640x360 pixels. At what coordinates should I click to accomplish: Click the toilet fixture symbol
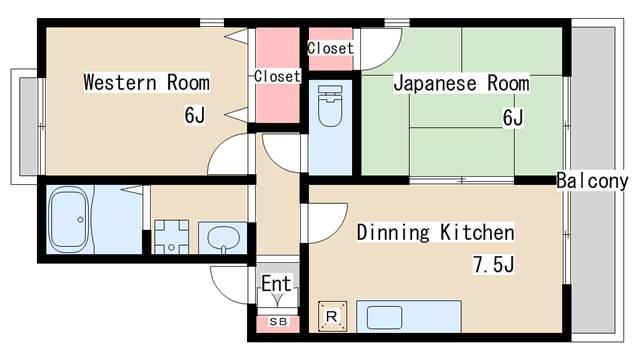330,105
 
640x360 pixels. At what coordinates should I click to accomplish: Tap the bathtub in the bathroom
68,220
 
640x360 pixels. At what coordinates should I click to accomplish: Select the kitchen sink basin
384,318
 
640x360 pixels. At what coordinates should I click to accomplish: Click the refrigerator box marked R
332,316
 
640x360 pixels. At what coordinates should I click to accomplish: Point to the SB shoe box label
278,322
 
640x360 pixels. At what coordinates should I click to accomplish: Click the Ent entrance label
276,283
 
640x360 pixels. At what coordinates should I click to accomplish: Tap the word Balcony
592,181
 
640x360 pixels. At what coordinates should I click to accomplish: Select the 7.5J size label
493,264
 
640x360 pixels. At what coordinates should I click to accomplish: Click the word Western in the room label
120,82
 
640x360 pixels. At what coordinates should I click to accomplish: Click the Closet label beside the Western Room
277,76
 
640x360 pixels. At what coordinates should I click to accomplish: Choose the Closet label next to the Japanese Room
330,48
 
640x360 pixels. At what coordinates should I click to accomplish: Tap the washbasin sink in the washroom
222,238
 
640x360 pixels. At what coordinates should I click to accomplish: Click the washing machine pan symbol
171,237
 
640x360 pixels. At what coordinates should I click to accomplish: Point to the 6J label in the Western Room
195,115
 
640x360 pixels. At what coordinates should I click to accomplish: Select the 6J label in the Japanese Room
513,118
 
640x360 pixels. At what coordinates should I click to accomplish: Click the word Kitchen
477,232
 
